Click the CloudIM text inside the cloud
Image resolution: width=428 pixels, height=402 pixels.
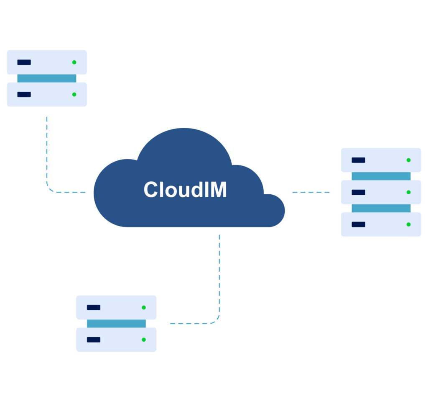pos(185,190)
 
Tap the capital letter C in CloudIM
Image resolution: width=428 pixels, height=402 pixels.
pos(151,190)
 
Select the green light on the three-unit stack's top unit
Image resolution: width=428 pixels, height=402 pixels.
pos(408,160)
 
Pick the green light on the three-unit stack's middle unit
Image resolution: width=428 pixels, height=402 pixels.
pos(408,192)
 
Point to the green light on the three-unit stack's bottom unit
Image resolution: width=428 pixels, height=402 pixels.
pos(408,224)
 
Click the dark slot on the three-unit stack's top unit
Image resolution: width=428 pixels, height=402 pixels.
pos(358,160)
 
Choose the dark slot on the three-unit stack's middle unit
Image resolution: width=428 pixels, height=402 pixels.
pos(358,192)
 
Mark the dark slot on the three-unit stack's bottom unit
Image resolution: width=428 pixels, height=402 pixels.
pos(358,224)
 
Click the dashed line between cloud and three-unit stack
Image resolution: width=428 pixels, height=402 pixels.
pos(311,192)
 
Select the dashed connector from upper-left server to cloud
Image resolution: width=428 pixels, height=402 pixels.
pos(47,159)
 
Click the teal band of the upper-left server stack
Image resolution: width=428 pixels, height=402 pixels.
pos(47,78)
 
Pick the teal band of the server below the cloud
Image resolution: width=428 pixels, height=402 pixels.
pos(116,324)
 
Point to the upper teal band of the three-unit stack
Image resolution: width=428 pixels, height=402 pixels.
pos(381,176)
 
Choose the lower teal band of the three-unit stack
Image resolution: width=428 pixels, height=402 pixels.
pos(381,209)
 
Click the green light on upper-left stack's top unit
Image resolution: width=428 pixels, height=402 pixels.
pos(74,62)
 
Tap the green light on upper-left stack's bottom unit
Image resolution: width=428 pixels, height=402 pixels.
pos(74,95)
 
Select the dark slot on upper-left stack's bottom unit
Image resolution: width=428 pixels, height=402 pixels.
pos(24,95)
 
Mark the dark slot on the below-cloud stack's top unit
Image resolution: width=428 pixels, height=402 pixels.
pos(94,307)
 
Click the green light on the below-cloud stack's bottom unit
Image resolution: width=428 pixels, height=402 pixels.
pos(144,340)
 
